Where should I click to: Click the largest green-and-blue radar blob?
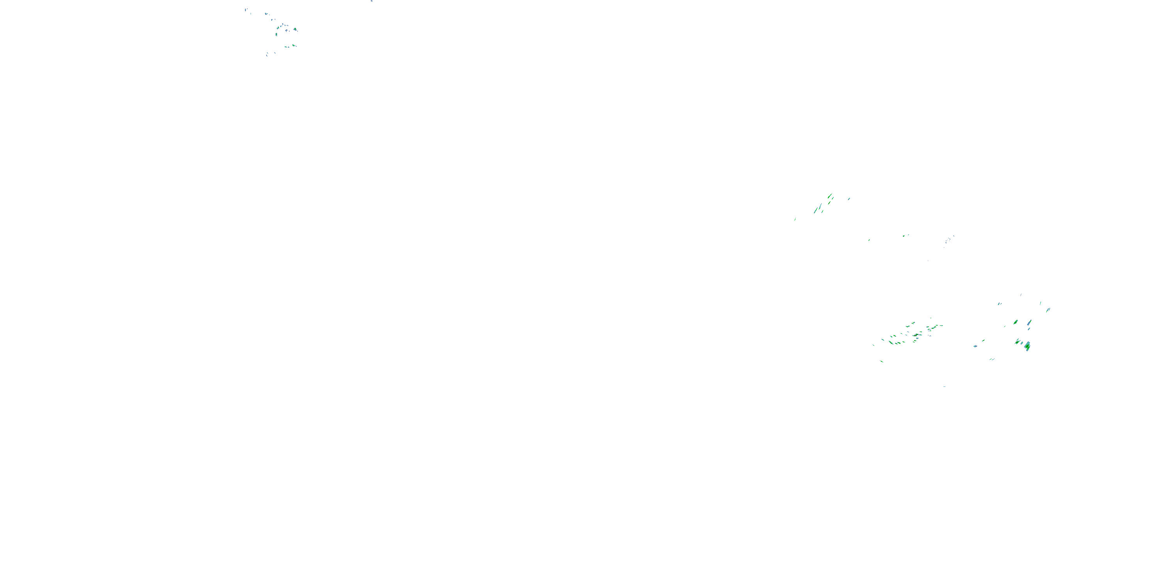[1027, 346]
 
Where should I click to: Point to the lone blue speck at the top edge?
[372, 1]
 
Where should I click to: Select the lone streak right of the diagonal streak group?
[849, 199]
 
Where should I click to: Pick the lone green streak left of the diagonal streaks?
[795, 219]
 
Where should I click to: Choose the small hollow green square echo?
[905, 235]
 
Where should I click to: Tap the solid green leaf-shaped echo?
[1016, 322]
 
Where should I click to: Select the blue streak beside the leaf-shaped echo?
[1029, 323]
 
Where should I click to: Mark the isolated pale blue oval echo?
[975, 346]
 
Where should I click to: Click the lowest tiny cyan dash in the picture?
[945, 386]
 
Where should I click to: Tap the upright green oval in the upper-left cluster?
[276, 34]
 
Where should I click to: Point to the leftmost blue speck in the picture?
[246, 9]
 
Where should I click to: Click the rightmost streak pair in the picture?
[1048, 310]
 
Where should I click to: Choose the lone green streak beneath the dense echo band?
[882, 362]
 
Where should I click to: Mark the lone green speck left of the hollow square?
[869, 240]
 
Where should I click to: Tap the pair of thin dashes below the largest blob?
[991, 359]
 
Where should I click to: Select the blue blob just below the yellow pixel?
[1029, 328]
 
